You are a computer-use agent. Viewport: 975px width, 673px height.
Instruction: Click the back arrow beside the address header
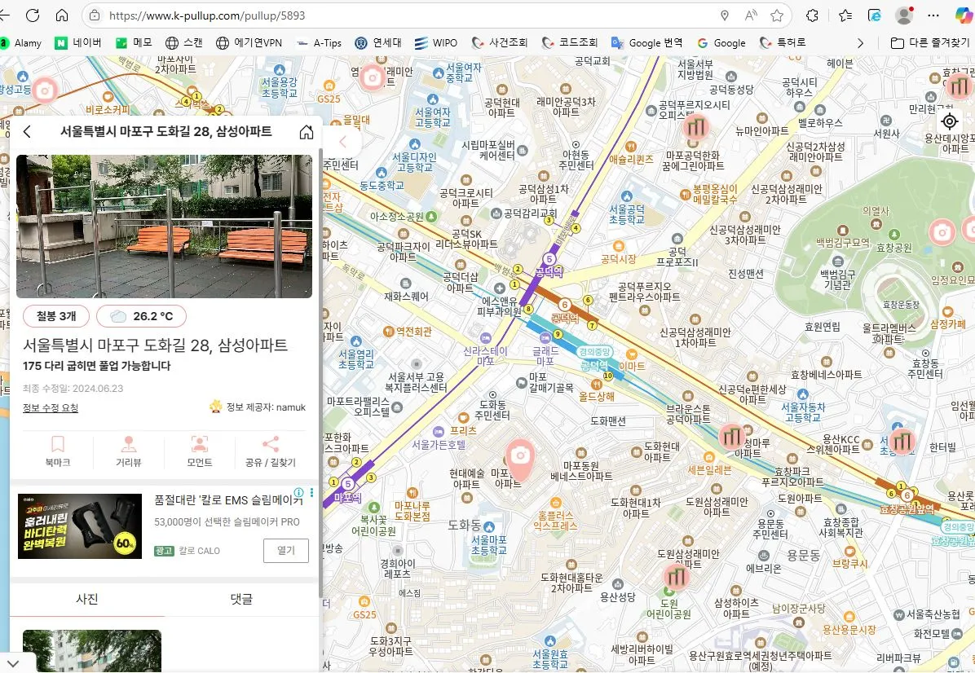27,132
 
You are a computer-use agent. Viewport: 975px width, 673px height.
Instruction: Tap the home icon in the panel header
307,132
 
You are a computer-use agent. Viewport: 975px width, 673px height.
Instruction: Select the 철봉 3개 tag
55,316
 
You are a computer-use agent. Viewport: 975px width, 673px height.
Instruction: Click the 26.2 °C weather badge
141,316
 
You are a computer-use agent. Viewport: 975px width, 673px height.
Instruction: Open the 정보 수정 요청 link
51,407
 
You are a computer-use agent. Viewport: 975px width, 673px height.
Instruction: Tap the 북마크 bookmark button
58,451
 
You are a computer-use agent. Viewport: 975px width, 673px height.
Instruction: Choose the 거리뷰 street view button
129,451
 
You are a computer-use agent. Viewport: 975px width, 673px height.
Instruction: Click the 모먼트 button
199,451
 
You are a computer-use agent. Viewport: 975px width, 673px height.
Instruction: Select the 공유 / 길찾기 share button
271,451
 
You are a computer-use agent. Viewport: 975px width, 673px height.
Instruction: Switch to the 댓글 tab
241,599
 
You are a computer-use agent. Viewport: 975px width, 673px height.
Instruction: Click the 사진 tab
87,599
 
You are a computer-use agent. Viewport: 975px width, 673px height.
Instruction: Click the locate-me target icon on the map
950,121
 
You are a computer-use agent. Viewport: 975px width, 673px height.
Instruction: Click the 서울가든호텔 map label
439,445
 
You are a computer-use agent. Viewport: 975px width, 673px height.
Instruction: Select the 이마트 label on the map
632,367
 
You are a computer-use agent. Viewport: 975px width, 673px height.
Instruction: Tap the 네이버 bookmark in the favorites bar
78,42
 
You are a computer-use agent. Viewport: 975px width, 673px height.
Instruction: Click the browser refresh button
33,15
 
